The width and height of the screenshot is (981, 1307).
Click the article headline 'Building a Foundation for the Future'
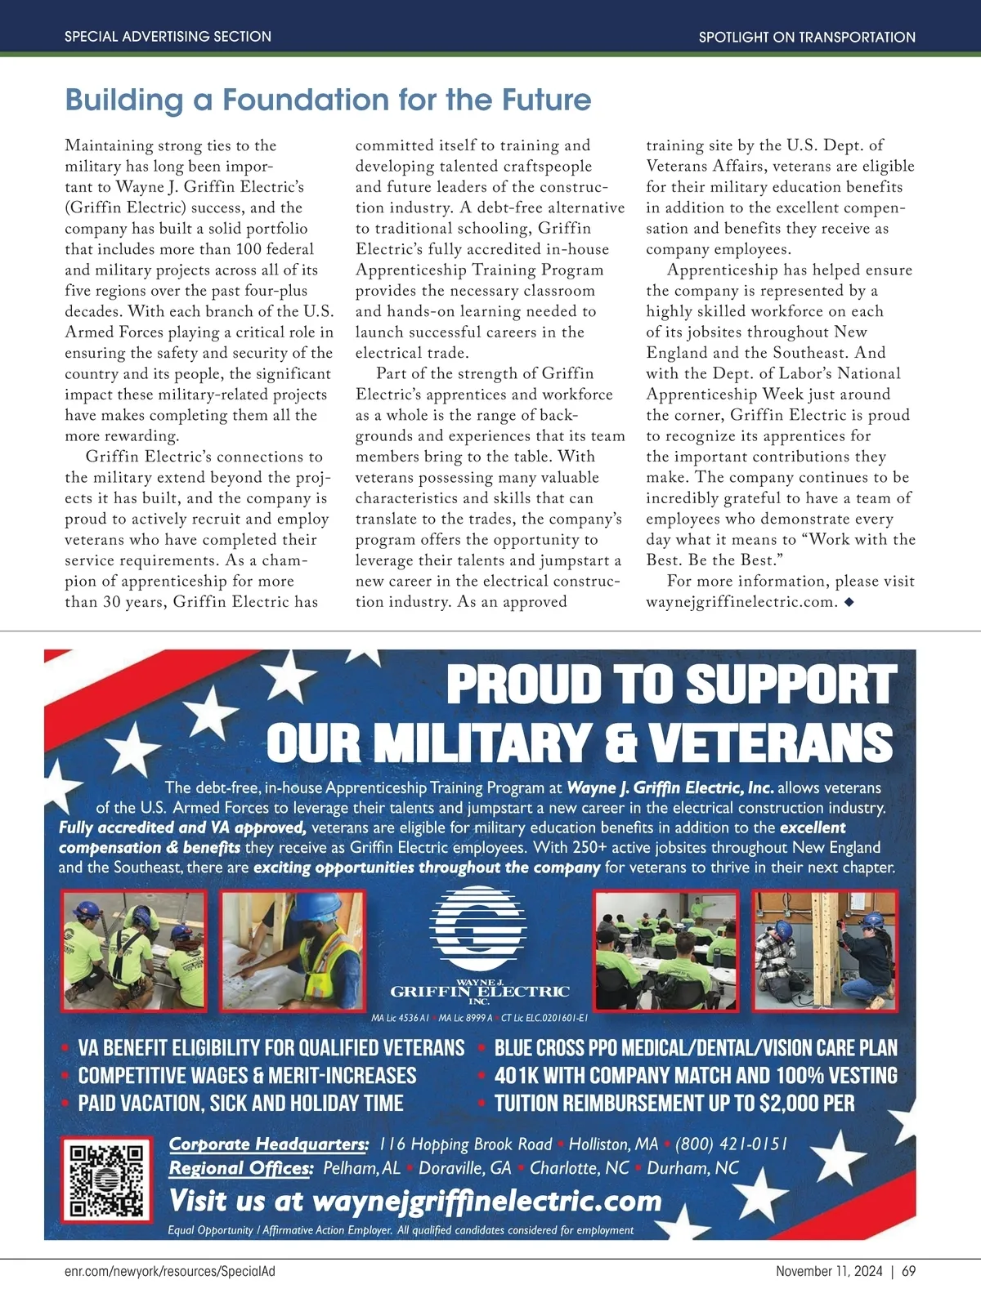(x=328, y=100)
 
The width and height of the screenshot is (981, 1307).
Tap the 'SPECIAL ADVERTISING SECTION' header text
(x=168, y=37)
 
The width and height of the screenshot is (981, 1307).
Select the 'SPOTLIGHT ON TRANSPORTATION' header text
(x=807, y=37)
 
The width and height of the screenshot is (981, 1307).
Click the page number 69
(x=909, y=1272)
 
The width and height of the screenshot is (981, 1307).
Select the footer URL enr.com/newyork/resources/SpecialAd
(x=175, y=1272)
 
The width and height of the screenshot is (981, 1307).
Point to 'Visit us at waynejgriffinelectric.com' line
(x=415, y=1201)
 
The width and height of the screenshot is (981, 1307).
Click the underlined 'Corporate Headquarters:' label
(x=269, y=1144)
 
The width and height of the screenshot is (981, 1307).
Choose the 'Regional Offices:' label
(x=241, y=1168)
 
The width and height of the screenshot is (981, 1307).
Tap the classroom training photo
(x=665, y=950)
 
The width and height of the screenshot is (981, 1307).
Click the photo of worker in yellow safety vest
(x=292, y=950)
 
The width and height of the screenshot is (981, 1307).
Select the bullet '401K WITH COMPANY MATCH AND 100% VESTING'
(x=696, y=1076)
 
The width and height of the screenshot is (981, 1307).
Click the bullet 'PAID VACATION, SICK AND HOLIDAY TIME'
(x=240, y=1104)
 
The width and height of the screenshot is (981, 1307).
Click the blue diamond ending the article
(x=849, y=602)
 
